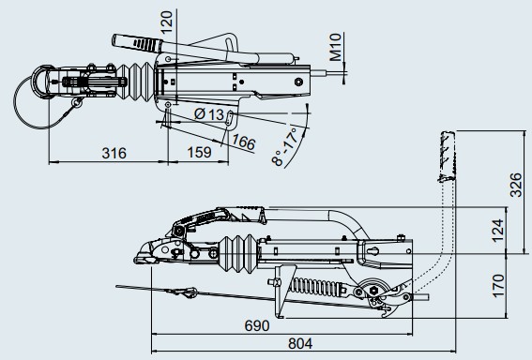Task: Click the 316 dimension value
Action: [114, 153]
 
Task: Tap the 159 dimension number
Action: [199, 153]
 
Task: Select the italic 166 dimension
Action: [243, 142]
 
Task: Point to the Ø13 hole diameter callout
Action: [209, 114]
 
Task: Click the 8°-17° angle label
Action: [286, 146]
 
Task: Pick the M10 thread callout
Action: [335, 47]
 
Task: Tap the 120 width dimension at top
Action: [166, 22]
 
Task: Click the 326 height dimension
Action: [516, 185]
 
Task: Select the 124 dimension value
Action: [497, 231]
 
